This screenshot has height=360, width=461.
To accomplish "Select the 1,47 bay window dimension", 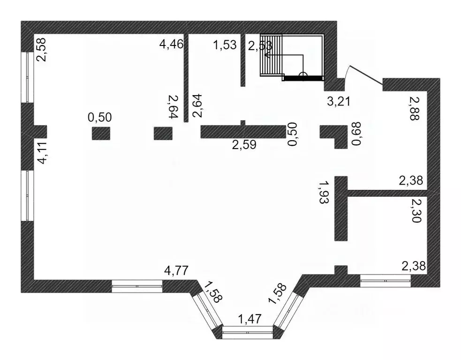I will (249, 320).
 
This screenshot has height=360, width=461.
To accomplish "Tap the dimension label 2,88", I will (414, 109).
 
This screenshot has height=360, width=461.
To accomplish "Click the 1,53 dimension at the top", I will (224, 46).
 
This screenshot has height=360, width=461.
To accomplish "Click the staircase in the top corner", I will (291, 57).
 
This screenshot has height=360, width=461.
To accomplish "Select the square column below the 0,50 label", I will (101, 134).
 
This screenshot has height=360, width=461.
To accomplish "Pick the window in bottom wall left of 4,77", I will (137, 286).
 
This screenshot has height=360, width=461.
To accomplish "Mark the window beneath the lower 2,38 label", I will (385, 281).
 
